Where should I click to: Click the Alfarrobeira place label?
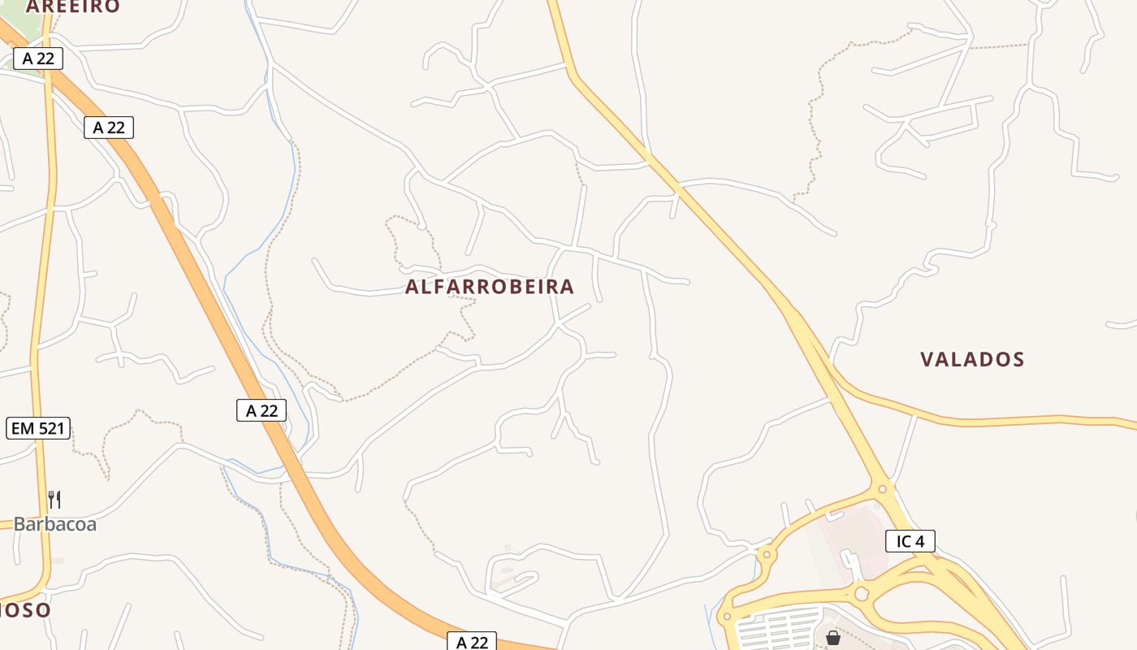[x=490, y=287]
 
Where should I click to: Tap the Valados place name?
[x=972, y=359]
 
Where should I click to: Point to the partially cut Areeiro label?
[x=73, y=6]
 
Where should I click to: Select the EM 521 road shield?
[x=38, y=428]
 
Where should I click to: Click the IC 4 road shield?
[x=910, y=541]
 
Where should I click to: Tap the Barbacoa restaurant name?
[x=55, y=524]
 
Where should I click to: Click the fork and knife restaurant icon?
[x=54, y=499]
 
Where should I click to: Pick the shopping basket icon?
[x=832, y=638]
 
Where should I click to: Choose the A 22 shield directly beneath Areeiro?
[x=38, y=58]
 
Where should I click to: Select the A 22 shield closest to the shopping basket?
[x=472, y=642]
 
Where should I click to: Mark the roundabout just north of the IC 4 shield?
[x=883, y=489]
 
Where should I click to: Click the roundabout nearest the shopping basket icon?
[x=861, y=594]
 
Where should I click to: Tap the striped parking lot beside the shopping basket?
[x=780, y=630]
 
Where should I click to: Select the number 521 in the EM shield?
[x=50, y=428]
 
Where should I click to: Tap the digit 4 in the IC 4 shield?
[x=921, y=541]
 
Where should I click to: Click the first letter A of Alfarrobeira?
[x=412, y=287]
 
